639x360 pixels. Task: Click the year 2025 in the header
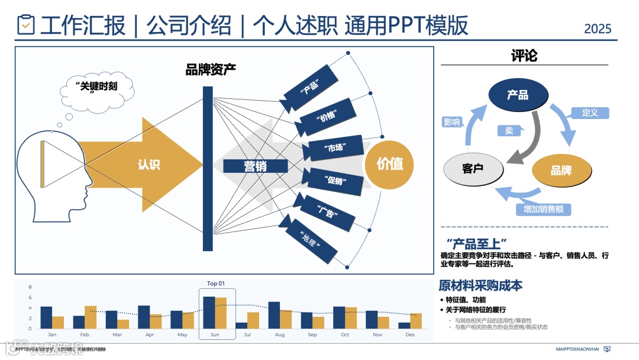tap(597, 28)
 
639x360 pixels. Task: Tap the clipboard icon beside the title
tap(26, 25)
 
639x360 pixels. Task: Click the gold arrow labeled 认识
tap(148, 165)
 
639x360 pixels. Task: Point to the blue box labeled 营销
tap(256, 166)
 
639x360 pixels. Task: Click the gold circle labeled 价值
tap(389, 164)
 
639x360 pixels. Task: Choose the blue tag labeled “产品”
tap(309, 88)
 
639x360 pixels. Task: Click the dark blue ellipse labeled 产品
tap(517, 95)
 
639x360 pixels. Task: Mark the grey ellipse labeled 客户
tap(473, 168)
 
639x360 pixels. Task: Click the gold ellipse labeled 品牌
tap(561, 171)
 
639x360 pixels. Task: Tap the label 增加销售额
tap(543, 209)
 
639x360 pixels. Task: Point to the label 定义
tap(590, 112)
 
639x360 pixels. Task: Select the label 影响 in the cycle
tap(451, 122)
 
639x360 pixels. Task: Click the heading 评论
tap(524, 56)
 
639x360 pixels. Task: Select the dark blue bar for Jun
tap(209, 313)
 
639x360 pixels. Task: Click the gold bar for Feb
tap(90, 317)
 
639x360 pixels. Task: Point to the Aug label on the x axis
tap(279, 335)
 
